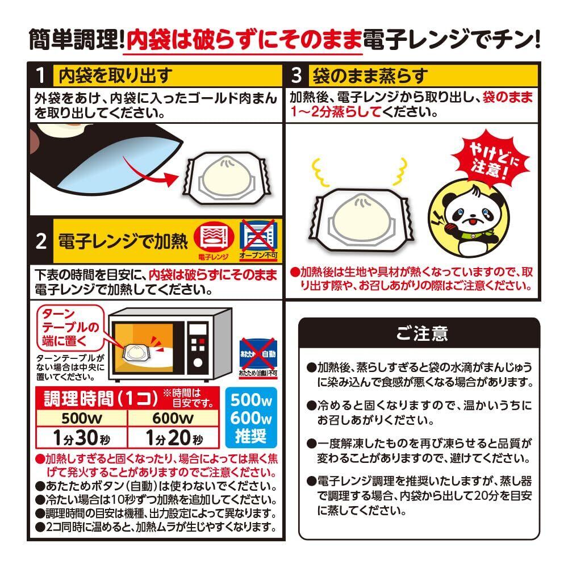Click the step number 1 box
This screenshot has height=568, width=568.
pos(41,76)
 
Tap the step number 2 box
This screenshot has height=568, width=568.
pos(41,240)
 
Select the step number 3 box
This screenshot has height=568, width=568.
pos(297,76)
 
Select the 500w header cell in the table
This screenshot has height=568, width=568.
pos(81,418)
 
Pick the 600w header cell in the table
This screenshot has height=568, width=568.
pos(173,418)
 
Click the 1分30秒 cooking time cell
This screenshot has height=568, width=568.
pos(81,437)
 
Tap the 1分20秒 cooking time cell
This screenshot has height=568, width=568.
pos(173,437)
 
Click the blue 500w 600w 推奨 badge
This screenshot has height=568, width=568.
pos(251,417)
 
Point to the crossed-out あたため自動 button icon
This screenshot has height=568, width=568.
pos(258,354)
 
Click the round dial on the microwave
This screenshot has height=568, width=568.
pos(198,362)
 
